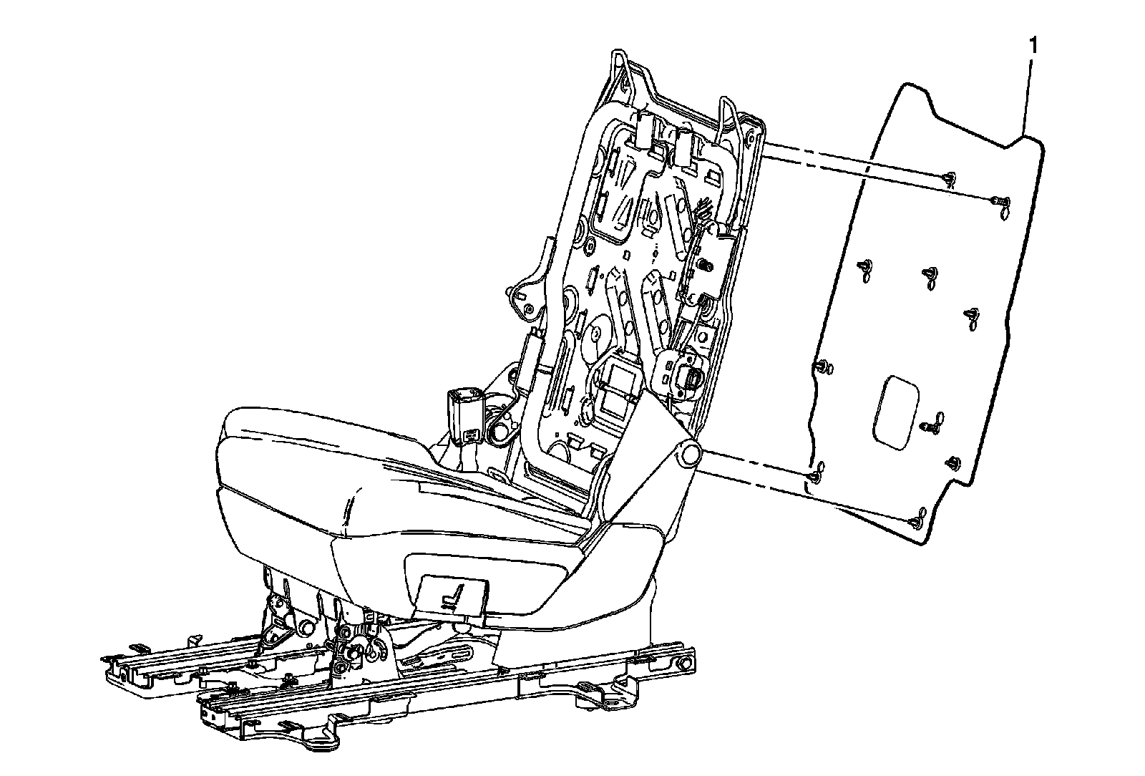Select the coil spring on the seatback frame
[x=704, y=264]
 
